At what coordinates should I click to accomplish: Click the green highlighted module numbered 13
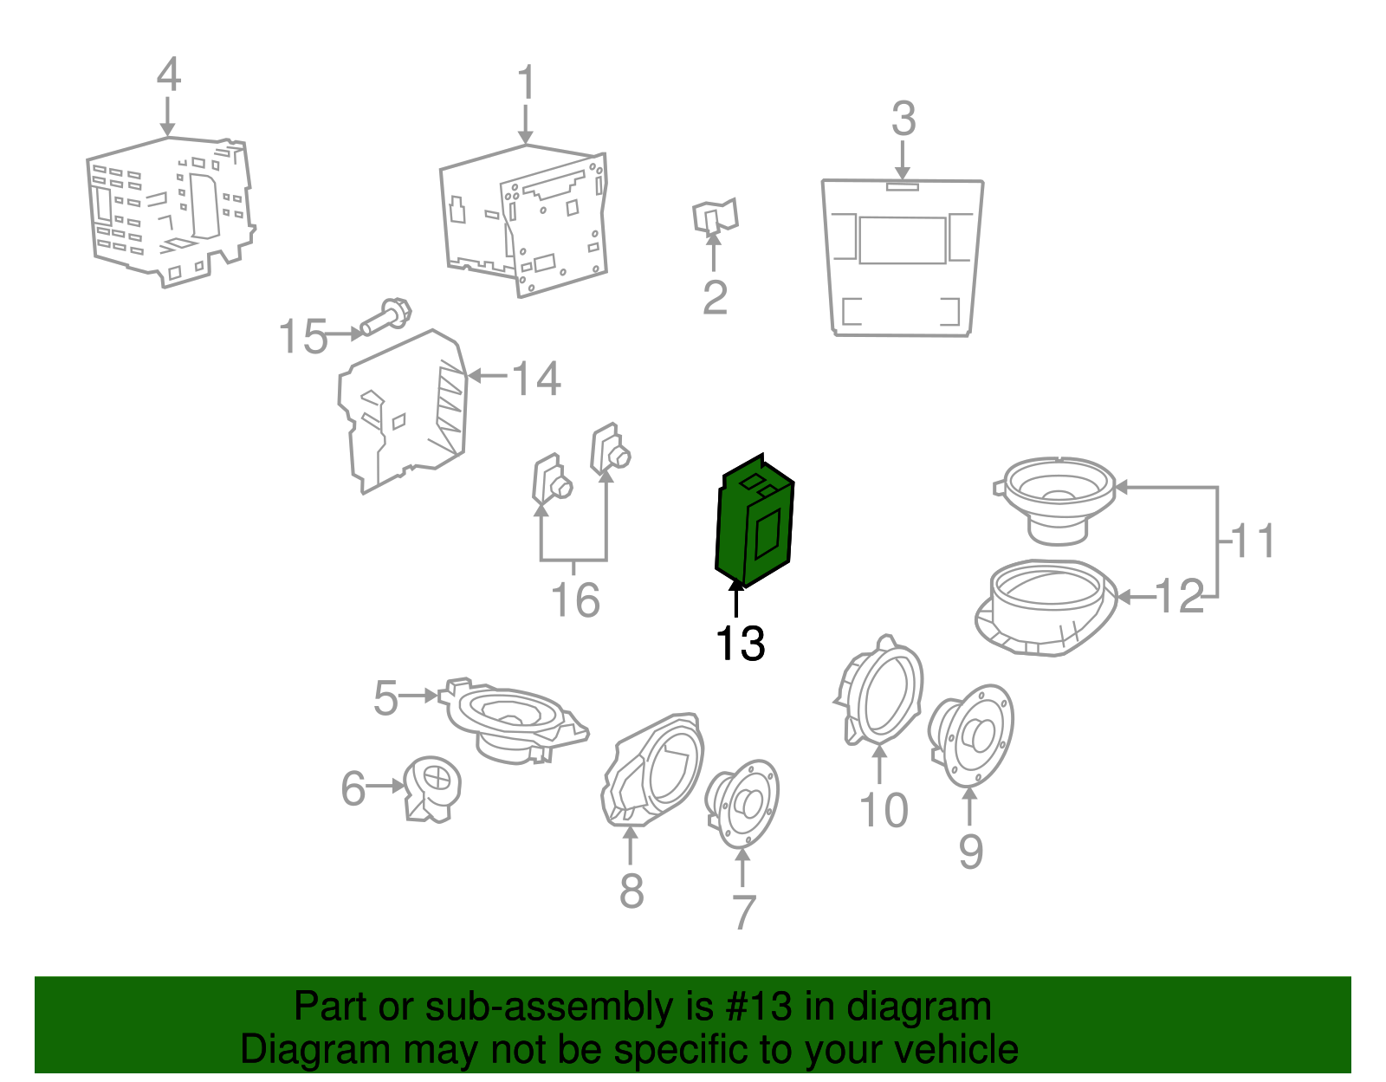tap(755, 521)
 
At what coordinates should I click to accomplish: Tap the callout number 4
tap(168, 74)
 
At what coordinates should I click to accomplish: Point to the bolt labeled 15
tap(385, 316)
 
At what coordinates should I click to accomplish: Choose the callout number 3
tap(903, 119)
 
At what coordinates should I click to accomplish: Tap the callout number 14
tap(536, 379)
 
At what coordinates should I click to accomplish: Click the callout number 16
tap(575, 600)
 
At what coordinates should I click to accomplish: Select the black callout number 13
tap(741, 643)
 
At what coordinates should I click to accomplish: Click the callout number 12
tap(1179, 597)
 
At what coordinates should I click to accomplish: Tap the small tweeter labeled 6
tap(433, 788)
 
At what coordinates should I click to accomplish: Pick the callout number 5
tap(385, 698)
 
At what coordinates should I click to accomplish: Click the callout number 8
tap(631, 891)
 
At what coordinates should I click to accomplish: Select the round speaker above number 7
tap(742, 803)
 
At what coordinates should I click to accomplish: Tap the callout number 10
tap(884, 810)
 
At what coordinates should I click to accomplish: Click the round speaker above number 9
tap(971, 735)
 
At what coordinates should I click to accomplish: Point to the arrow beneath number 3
tap(902, 160)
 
